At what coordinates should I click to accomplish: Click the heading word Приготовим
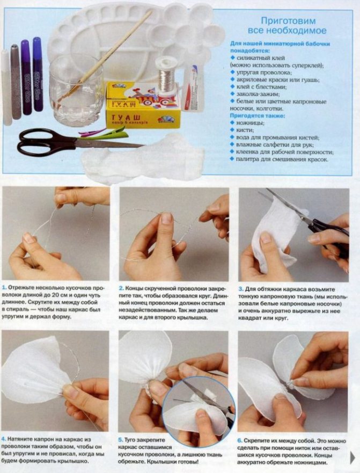tap(288, 21)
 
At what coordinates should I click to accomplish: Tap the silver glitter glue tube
tap(16, 82)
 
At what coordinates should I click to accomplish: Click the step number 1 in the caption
tap(4, 287)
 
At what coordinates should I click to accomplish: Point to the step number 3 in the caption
tap(240, 289)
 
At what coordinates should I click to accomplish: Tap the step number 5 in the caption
tap(120, 440)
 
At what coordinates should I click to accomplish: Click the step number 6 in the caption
tap(239, 441)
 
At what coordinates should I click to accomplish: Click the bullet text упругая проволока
tap(264, 72)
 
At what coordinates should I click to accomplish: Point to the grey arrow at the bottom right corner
tap(352, 457)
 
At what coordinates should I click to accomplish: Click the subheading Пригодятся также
tap(257, 115)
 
